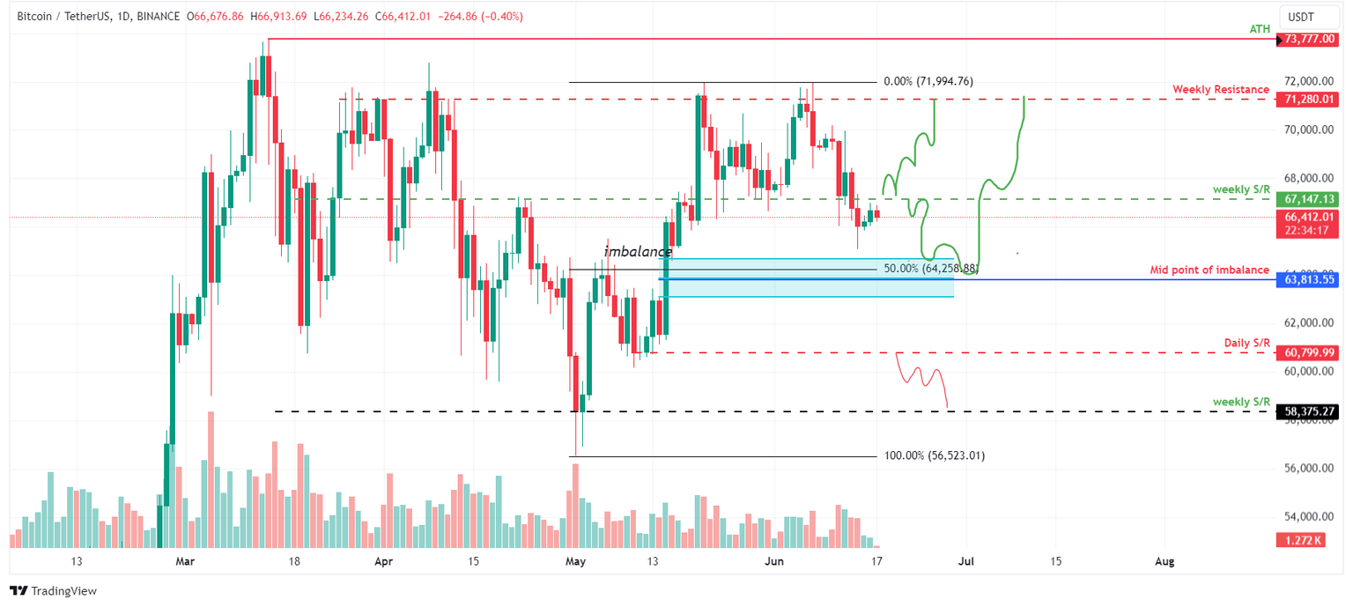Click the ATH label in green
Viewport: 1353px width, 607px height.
1260,29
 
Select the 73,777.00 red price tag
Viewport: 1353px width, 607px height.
1311,39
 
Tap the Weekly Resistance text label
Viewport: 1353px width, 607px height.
1220,90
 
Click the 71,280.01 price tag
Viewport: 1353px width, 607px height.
1311,100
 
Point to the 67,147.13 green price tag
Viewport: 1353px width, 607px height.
1311,199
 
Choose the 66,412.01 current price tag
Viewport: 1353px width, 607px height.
1311,217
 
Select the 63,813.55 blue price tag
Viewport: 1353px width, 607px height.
1311,279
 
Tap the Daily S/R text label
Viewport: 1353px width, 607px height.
1247,343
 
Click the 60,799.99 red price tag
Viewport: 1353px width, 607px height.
1311,352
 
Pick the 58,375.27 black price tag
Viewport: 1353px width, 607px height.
1311,411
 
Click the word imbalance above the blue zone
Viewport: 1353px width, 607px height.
637,252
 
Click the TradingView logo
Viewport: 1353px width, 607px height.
54,591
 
